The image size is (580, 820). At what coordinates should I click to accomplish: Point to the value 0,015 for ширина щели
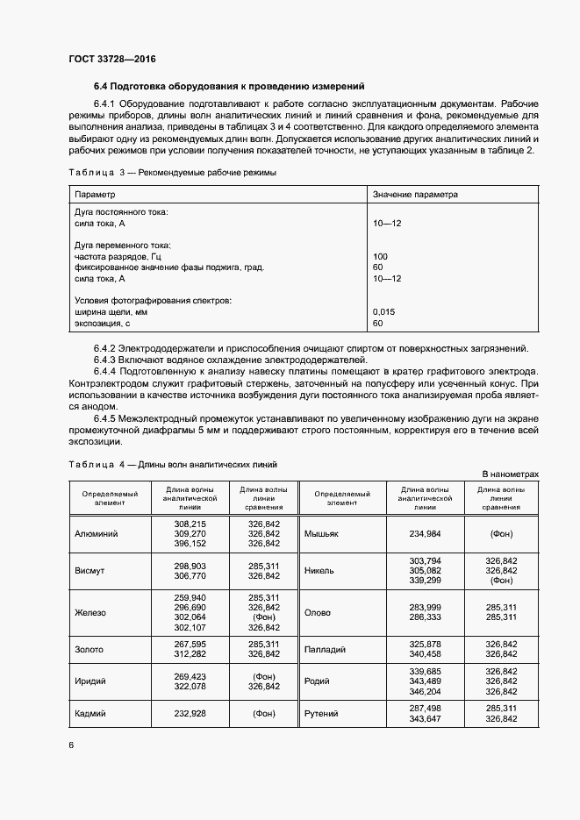(x=383, y=312)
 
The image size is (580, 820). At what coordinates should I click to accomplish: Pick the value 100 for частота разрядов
(x=379, y=256)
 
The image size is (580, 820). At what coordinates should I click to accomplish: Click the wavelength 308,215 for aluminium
(x=190, y=523)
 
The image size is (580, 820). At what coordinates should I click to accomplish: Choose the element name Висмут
(x=90, y=570)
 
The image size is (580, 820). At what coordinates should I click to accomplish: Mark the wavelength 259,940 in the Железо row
(x=190, y=597)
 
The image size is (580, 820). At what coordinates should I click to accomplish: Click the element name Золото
(x=90, y=649)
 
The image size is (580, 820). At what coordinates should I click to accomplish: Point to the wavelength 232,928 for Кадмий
(x=190, y=714)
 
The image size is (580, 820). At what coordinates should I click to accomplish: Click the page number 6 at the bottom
(x=71, y=745)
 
